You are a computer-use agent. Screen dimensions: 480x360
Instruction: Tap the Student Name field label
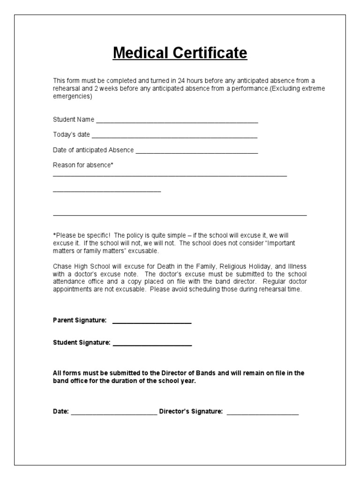pyautogui.click(x=74, y=120)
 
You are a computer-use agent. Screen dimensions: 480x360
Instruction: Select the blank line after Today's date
pyautogui.click(x=174, y=136)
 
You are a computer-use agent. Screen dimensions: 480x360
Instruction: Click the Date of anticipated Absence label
pyautogui.click(x=93, y=150)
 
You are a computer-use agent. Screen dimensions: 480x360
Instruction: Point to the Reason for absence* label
pyautogui.click(x=83, y=165)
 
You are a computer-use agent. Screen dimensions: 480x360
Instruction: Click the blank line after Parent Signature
pyautogui.click(x=152, y=322)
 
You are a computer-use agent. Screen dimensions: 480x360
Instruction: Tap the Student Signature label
pyautogui.click(x=82, y=343)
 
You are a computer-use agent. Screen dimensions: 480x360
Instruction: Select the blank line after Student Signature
pyautogui.click(x=152, y=345)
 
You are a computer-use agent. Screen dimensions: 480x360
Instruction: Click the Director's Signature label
pyautogui.click(x=191, y=411)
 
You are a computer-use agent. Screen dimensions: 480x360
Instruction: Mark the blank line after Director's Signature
pyautogui.click(x=262, y=413)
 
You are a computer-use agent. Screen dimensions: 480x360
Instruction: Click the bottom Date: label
pyautogui.click(x=61, y=411)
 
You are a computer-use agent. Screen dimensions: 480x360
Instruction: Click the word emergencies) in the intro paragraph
pyautogui.click(x=73, y=97)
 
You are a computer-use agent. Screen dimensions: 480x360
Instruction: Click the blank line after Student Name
pyautogui.click(x=177, y=121)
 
